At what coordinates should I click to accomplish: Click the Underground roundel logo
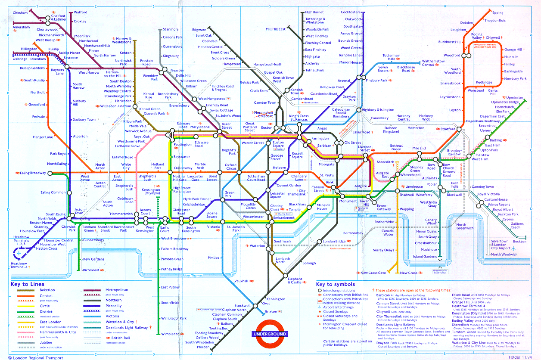point(269,334)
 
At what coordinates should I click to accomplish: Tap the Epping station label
point(497,13)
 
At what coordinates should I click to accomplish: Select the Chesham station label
point(20,13)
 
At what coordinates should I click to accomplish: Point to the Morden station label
point(203,347)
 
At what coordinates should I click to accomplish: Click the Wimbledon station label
point(170,334)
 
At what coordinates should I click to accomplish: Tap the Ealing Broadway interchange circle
point(50,173)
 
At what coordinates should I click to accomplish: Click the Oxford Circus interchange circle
point(231,173)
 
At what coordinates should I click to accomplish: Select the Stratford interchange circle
point(459,129)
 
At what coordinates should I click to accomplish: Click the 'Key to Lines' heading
point(27,284)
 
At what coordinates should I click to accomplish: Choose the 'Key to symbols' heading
point(336,284)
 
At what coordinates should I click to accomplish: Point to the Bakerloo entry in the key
point(48,290)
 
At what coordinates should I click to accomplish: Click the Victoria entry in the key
point(112,316)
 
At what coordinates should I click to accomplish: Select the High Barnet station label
point(314,12)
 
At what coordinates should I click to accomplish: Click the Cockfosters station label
point(351,12)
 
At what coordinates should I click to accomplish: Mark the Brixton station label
point(271,311)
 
